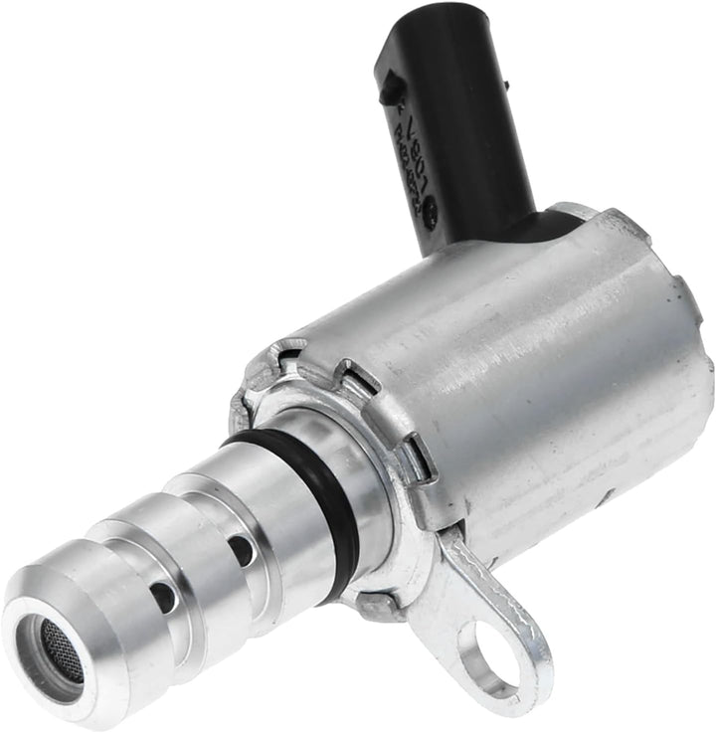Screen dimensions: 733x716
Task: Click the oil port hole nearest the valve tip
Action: (163, 596)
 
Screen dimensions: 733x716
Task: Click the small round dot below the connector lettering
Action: (430, 212)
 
